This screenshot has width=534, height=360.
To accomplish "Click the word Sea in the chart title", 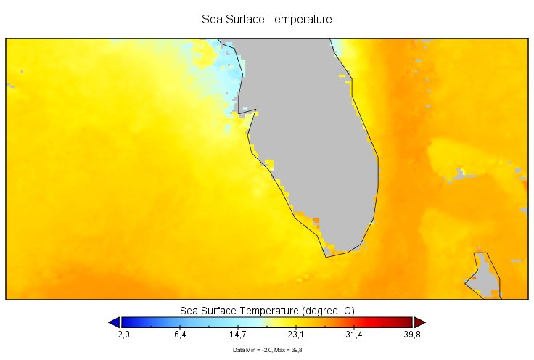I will click(211, 20).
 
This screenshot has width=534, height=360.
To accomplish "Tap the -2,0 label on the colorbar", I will click(122, 335).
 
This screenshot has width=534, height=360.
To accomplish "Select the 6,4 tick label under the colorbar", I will click(180, 335).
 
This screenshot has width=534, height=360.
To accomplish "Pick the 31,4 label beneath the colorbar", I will click(354, 335).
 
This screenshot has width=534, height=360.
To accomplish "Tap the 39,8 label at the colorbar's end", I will click(412, 335).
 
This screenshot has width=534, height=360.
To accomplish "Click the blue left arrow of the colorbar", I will click(114, 322).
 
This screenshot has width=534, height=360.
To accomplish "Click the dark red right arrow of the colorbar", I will click(419, 322).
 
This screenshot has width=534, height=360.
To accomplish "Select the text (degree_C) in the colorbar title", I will click(329, 311).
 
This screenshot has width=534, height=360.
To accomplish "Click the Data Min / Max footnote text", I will click(267, 350).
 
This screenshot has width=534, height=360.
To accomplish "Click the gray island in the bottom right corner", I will click(485, 277).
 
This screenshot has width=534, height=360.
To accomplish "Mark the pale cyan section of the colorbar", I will click(243, 322).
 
